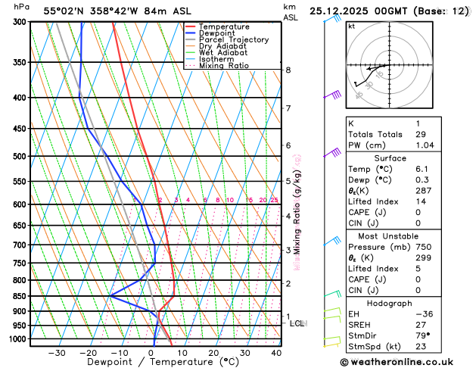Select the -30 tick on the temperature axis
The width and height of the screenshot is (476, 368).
click(57, 353)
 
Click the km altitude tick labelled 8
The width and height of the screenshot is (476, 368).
click(288, 70)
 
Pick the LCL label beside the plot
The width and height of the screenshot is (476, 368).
click(297, 323)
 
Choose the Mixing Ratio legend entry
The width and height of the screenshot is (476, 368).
click(223, 66)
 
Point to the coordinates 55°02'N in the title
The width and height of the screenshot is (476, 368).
click(66, 11)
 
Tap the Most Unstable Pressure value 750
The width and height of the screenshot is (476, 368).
click(424, 247)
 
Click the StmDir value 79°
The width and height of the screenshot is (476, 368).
click(423, 336)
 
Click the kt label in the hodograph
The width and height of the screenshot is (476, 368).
click(351, 26)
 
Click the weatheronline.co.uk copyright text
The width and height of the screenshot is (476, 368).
click(409, 362)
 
